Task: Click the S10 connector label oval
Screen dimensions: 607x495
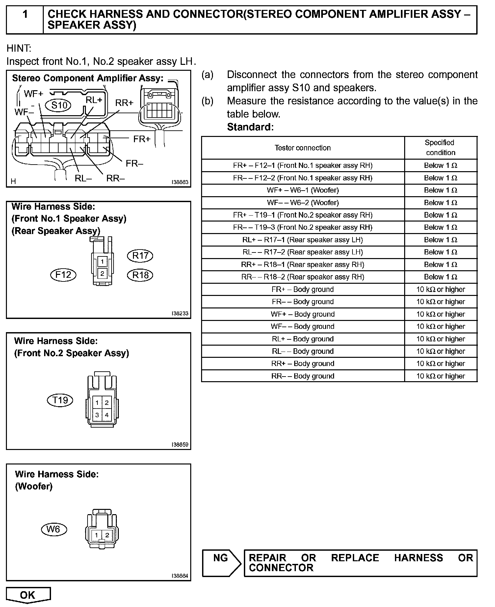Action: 60,105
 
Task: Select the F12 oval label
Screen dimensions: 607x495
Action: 63,275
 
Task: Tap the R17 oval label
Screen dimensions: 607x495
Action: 140,256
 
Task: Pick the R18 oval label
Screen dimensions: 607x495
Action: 140,275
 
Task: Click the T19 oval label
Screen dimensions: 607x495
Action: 60,400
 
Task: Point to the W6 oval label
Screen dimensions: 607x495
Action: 54,529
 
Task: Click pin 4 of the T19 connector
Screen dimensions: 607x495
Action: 107,415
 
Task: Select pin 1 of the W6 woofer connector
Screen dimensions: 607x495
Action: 97,535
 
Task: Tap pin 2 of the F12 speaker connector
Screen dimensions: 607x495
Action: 102,273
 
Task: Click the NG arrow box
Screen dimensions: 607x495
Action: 221,563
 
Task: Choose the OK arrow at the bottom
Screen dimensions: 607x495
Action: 28,595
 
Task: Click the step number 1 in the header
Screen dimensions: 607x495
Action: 25,14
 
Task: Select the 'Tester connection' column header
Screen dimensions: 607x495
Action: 302,148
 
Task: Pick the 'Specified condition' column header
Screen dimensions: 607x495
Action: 440,147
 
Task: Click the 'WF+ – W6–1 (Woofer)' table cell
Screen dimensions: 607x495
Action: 302,190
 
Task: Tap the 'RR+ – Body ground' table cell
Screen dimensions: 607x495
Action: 302,364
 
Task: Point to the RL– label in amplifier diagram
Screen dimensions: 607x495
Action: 83,178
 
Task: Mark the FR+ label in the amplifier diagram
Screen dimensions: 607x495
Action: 142,139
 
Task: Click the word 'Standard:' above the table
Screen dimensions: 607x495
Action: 250,127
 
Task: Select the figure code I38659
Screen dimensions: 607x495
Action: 180,445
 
